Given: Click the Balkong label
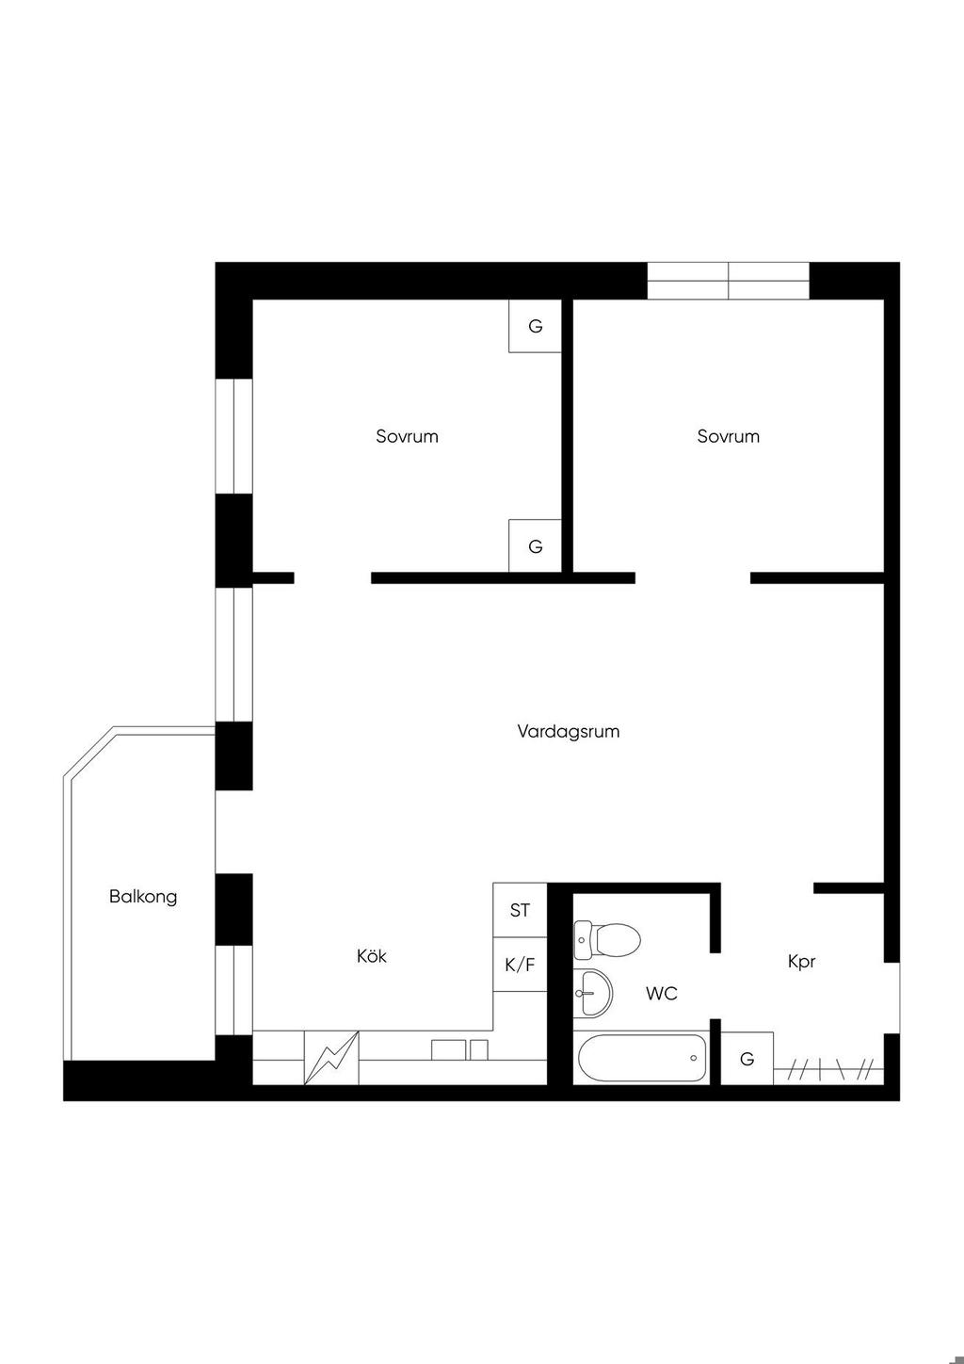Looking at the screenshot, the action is [143, 897].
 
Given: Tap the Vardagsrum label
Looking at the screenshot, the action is [569, 731].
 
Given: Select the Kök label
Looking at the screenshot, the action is [371, 956].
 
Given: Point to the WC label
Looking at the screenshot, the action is [662, 993].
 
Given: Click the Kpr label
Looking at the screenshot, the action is [801, 962].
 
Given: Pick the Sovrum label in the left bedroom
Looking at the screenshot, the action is [407, 436].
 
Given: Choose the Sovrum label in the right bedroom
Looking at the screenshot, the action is [729, 436].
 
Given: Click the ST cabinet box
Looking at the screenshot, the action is [520, 910].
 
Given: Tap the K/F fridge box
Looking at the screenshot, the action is [520, 965].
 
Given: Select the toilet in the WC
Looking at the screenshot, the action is [607, 939].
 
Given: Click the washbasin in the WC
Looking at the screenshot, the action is [593, 992].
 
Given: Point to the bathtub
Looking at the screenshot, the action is [641, 1058].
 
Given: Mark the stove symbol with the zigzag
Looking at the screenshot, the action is [331, 1057].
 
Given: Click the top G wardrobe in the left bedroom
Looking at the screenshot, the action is [535, 326].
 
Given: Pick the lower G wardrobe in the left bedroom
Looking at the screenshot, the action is [535, 546].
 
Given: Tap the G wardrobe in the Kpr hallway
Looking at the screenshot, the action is [747, 1058].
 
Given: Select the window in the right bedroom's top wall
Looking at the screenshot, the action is [728, 281].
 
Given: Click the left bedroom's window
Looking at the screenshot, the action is [234, 436].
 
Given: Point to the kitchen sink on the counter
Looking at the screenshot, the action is [459, 1049].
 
